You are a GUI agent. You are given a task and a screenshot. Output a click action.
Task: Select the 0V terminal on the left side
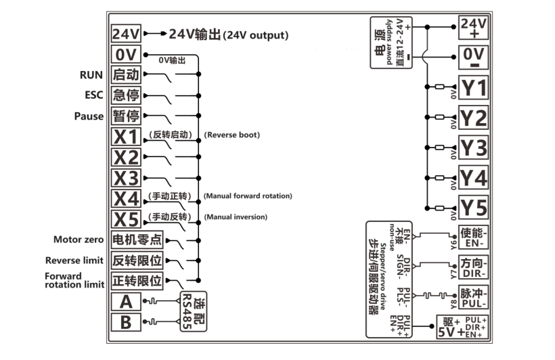point(125,54)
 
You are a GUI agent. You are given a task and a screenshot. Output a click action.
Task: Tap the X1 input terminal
point(126,137)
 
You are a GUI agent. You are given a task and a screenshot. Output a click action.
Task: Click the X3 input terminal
point(126,179)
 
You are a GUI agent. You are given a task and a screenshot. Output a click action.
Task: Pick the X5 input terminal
point(126,219)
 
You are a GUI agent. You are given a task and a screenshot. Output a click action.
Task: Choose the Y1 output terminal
point(473,87)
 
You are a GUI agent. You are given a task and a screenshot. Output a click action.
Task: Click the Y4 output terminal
point(473,178)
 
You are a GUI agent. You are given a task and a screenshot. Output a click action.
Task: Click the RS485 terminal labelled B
point(126,323)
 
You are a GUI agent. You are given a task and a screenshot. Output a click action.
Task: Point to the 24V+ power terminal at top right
point(473,27)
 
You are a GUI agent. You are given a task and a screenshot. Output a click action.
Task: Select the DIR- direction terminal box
point(473,266)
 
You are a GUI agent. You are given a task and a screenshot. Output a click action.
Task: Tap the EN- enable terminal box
point(473,236)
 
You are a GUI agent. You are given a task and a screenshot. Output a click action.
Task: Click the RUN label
point(91,74)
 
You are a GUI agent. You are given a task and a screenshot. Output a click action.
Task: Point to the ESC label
point(93,95)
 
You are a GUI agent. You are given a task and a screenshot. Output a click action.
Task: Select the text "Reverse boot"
point(231,135)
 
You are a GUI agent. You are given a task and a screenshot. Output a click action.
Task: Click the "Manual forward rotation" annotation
point(248,196)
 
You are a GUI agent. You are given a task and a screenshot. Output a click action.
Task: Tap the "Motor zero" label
point(79,240)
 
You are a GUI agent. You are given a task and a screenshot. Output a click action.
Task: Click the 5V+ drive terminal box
point(449,328)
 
